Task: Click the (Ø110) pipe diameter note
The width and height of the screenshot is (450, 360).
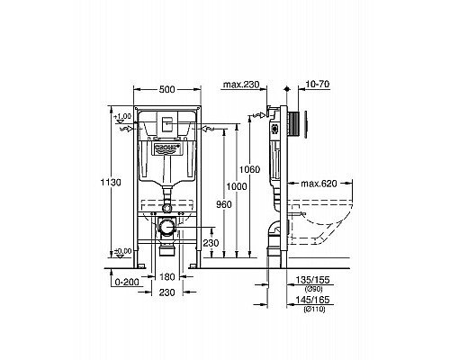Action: pos(311,307)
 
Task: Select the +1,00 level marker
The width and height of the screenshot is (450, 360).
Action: pos(122,116)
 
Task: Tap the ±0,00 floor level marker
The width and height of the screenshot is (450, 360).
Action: pos(121,251)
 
